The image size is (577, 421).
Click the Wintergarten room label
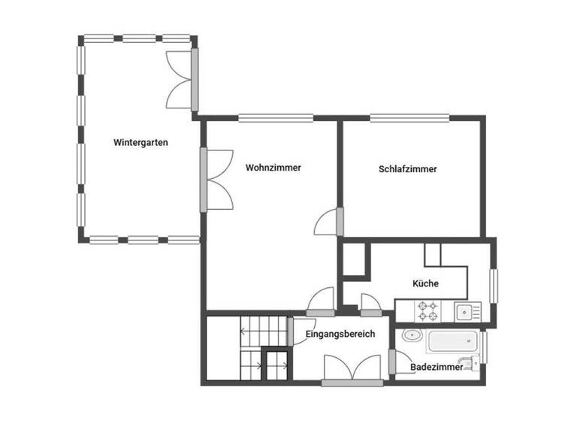coord(140,142)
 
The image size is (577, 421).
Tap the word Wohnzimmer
coord(273,168)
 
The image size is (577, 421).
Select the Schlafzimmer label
coord(408,169)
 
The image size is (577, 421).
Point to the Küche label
coord(425,283)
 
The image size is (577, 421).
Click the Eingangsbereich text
coord(340,334)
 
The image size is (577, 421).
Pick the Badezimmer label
coord(437,367)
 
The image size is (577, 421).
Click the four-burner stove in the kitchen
coord(429,310)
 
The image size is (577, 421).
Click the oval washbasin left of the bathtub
coord(412,336)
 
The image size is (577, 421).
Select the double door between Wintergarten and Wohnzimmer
coord(216,179)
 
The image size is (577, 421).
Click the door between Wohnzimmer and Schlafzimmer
coord(331,223)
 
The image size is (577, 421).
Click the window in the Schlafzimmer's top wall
coord(410,117)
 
